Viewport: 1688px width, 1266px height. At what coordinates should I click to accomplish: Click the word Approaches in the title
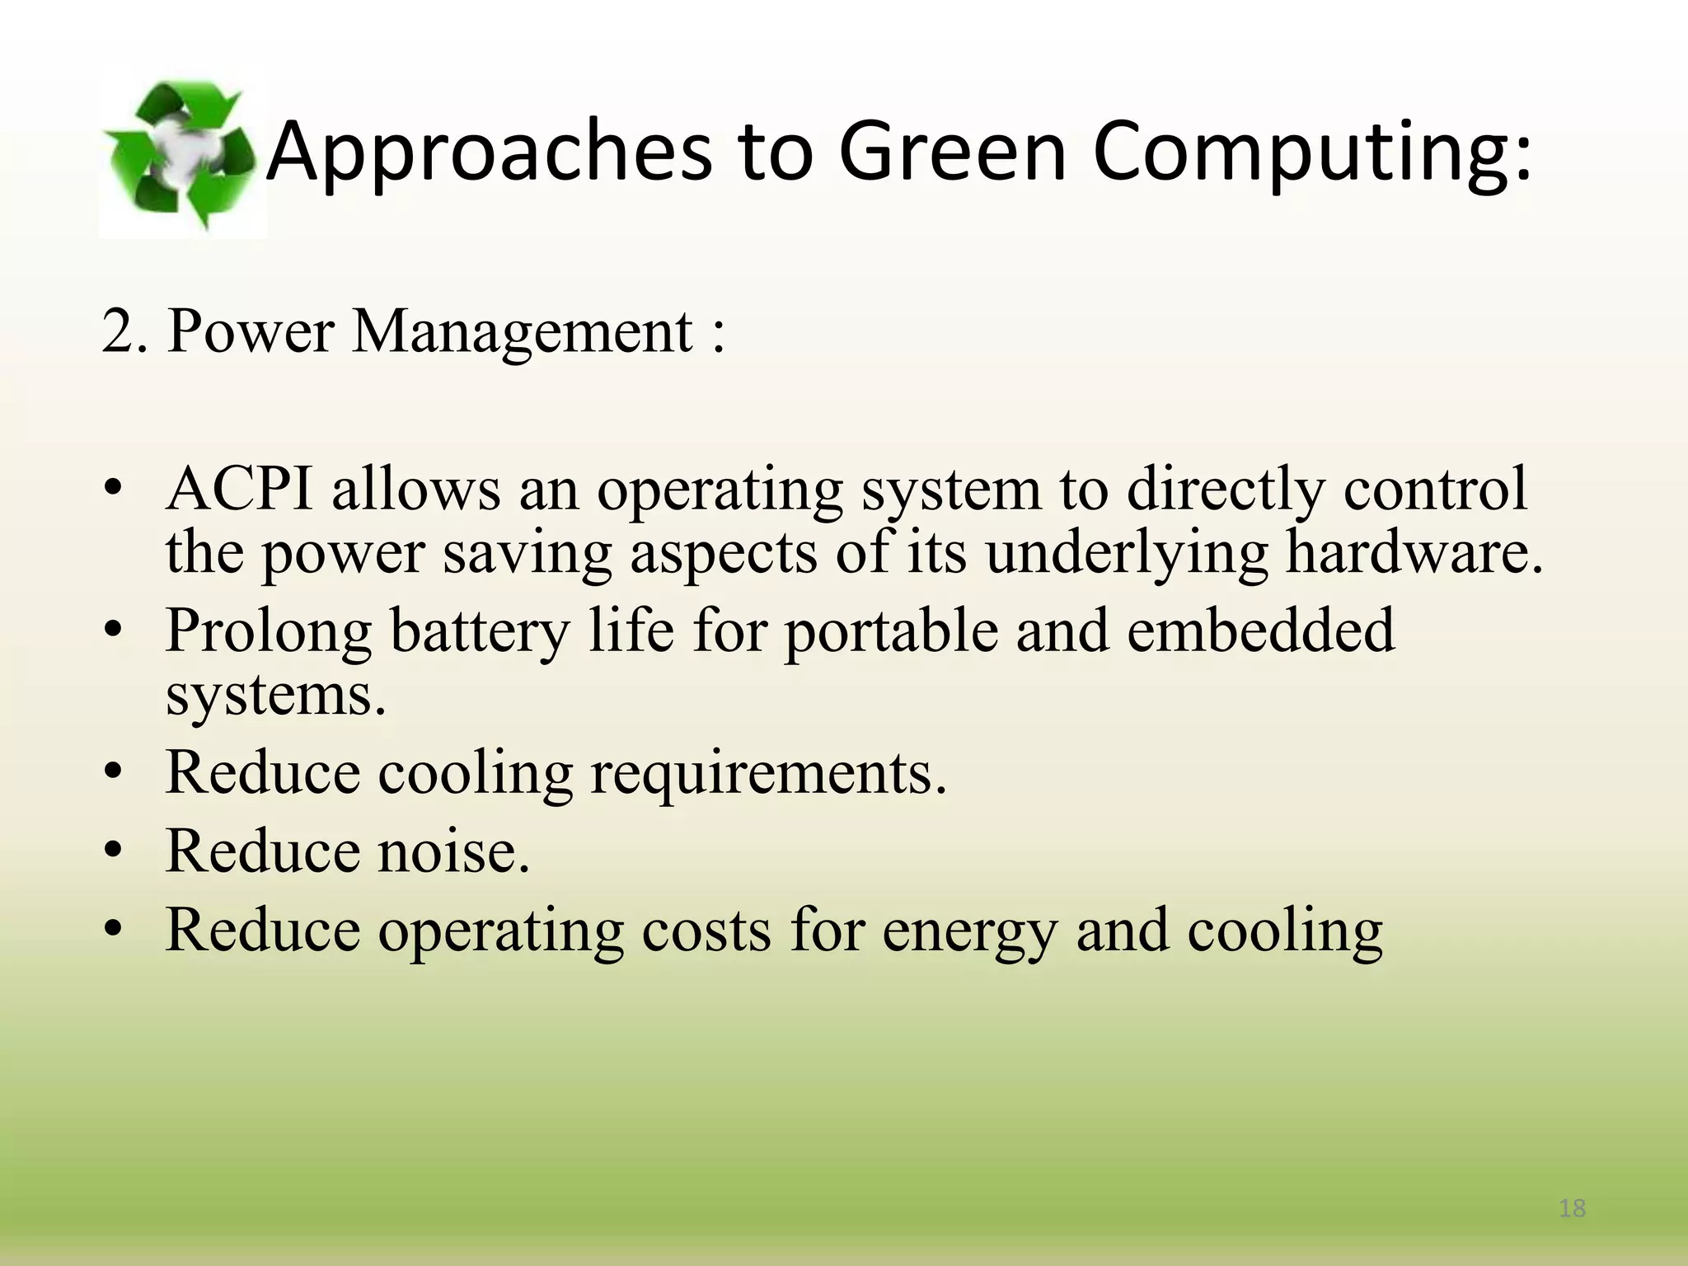pyautogui.click(x=490, y=152)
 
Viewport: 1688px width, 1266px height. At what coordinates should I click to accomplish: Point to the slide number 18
pyautogui.click(x=1573, y=1208)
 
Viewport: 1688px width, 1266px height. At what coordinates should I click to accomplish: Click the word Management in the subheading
pyautogui.click(x=523, y=332)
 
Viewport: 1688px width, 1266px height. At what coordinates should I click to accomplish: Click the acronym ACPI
pyautogui.click(x=239, y=490)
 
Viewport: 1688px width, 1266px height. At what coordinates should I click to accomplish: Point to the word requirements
pyautogui.click(x=768, y=775)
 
